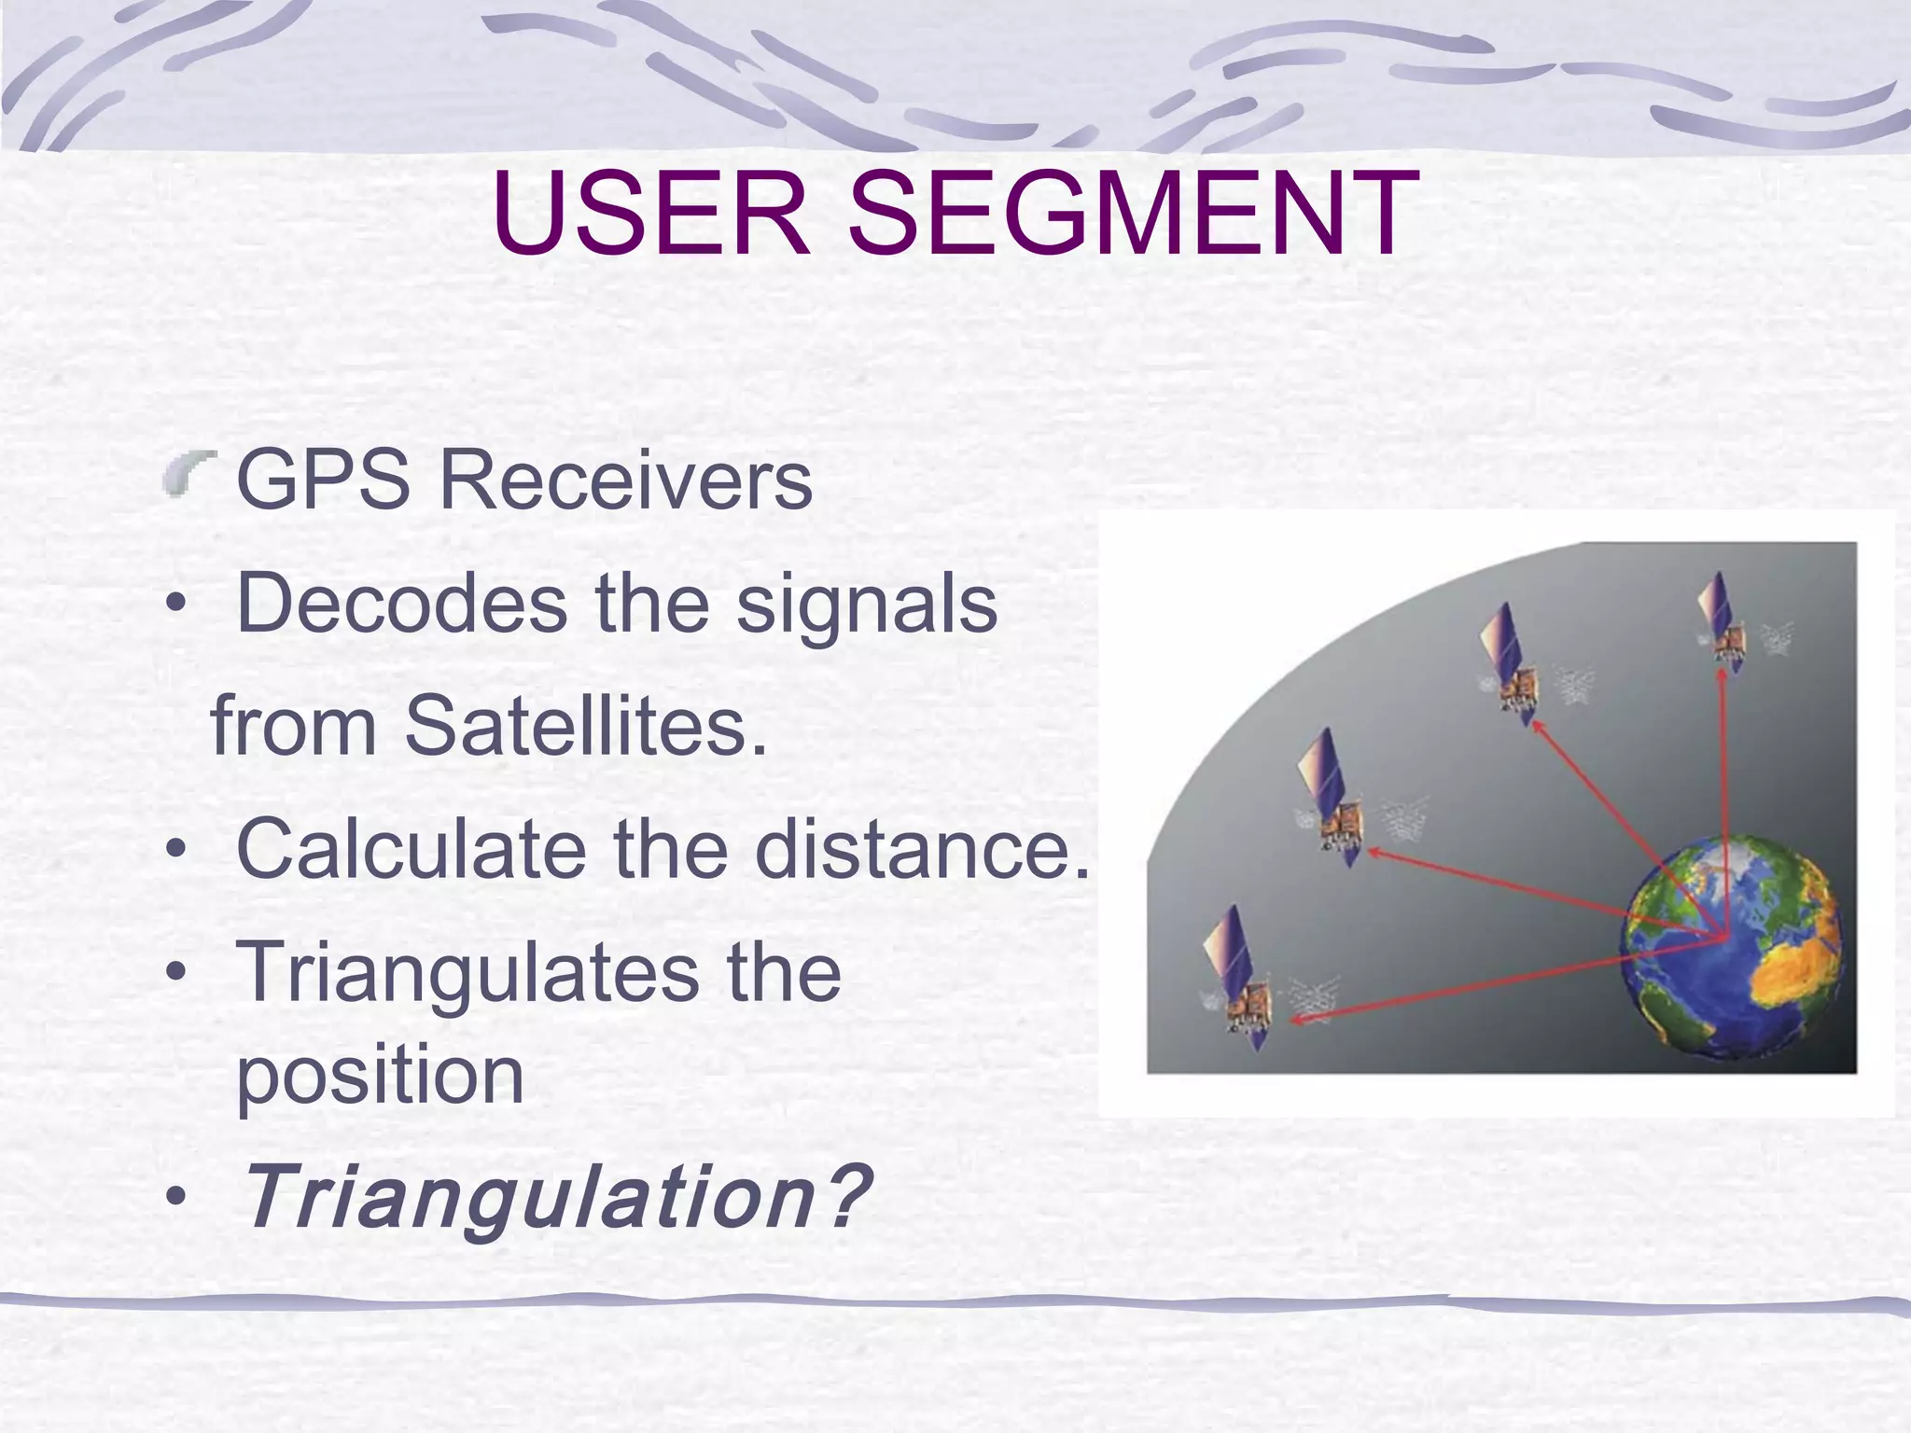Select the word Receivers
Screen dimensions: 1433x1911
point(625,480)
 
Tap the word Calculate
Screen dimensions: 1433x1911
point(411,848)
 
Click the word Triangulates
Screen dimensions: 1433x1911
point(467,971)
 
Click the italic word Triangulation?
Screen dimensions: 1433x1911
point(554,1197)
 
